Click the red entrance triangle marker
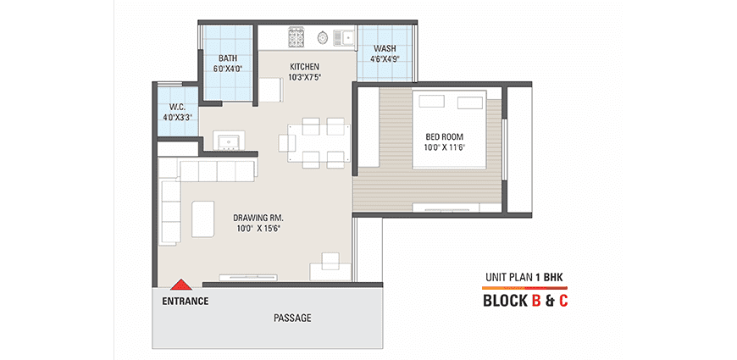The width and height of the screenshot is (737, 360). (x=180, y=285)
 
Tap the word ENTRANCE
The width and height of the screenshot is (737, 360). (x=186, y=302)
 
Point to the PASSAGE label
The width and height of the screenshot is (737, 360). (x=292, y=318)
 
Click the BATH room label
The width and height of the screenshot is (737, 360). (x=228, y=58)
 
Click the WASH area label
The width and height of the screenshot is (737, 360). (x=385, y=48)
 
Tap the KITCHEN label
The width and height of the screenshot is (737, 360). (x=305, y=67)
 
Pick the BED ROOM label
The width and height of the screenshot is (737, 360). (x=444, y=136)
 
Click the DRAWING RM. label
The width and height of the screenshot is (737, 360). (x=258, y=218)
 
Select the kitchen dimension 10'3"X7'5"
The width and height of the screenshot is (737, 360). (x=305, y=77)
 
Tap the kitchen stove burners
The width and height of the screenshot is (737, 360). (x=296, y=37)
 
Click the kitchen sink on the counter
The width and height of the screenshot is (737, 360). (x=344, y=37)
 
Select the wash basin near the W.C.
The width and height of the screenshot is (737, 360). (x=229, y=141)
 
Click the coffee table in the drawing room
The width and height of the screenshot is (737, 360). (x=202, y=219)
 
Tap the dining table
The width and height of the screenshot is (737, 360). (x=319, y=143)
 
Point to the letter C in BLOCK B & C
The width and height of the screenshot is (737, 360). (x=562, y=301)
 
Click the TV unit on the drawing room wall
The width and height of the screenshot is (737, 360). (x=247, y=277)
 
